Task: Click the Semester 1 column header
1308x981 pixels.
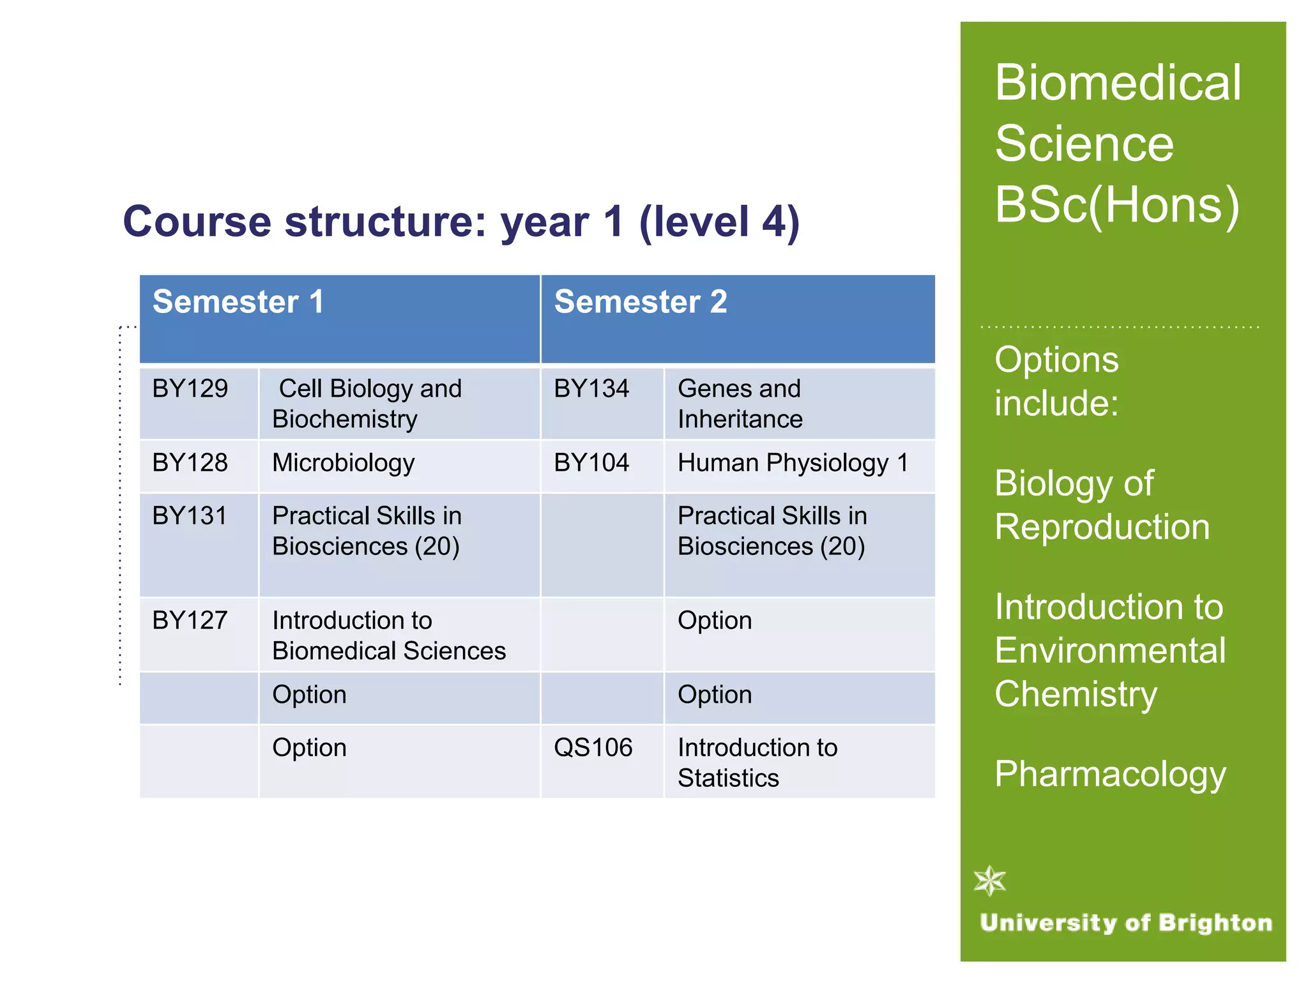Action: [238, 302]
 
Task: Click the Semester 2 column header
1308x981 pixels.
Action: [640, 302]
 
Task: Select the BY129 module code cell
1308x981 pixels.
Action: [190, 389]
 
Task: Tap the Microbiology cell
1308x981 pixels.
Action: [343, 463]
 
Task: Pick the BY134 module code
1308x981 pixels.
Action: [591, 389]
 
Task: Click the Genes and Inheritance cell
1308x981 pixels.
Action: [740, 404]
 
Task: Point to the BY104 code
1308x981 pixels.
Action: [591, 463]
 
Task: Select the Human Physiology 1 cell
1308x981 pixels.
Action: [793, 463]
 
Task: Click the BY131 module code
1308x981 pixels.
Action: [190, 516]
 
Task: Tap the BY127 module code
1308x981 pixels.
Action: [190, 621]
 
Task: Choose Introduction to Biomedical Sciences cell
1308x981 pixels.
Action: [388, 635]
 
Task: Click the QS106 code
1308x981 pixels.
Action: [593, 748]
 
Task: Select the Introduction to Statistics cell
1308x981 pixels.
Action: [757, 763]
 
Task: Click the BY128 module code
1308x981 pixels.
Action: [190, 463]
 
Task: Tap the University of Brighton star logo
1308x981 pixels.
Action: [990, 881]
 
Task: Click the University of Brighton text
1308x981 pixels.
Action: [1125, 923]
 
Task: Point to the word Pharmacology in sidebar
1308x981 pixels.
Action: [1110, 774]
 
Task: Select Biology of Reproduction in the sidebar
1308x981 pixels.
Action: [1102, 505]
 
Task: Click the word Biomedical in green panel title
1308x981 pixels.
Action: [1118, 83]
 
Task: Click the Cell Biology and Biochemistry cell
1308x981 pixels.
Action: [367, 404]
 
